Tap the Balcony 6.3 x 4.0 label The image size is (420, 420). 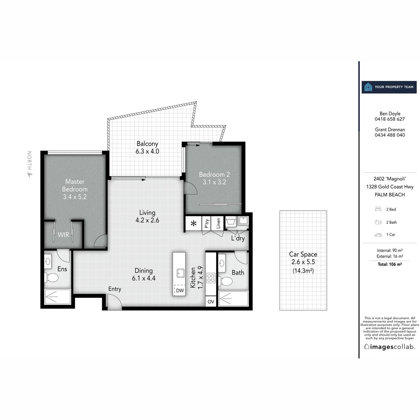point(147,147)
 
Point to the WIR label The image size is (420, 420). point(63,235)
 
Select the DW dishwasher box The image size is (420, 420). point(180,290)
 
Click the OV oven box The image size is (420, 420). point(211,302)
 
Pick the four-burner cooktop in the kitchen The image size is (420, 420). point(211,278)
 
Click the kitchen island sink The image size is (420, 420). point(181,273)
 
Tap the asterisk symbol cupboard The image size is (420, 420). point(194,223)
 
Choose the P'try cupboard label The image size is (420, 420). point(207,224)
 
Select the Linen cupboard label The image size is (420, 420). point(218,223)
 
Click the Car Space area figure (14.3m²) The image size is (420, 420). point(303,270)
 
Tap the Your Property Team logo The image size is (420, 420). point(368,87)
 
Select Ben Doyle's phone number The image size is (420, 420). point(390,119)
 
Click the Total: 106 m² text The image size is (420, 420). point(390,264)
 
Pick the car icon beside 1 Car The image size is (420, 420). point(378,235)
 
